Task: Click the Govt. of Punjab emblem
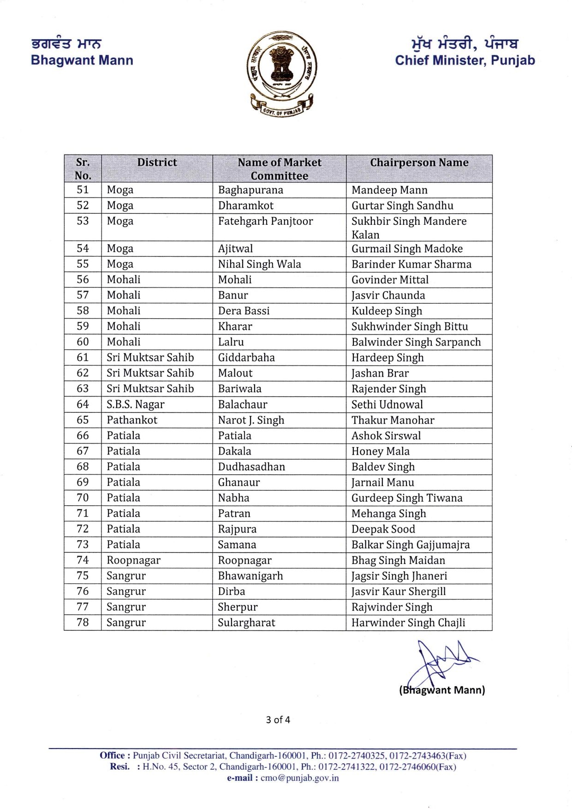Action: [281, 74]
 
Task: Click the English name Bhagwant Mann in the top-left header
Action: [82, 60]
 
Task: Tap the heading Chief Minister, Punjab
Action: [465, 60]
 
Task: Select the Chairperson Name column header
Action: [419, 162]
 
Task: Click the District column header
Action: [157, 162]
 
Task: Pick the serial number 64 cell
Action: [83, 404]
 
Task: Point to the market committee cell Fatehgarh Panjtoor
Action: [265, 221]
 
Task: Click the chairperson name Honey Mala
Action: [380, 451]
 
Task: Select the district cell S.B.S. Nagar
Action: [136, 405]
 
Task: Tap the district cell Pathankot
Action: [132, 420]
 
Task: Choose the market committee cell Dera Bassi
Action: [244, 311]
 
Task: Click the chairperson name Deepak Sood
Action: [383, 529]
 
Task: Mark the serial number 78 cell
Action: [83, 623]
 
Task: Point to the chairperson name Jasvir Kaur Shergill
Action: [399, 592]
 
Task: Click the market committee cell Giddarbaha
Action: [246, 358]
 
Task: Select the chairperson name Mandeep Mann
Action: [389, 190]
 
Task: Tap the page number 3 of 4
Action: [278, 720]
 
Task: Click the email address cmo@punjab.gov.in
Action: [299, 778]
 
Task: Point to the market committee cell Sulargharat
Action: [246, 623]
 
